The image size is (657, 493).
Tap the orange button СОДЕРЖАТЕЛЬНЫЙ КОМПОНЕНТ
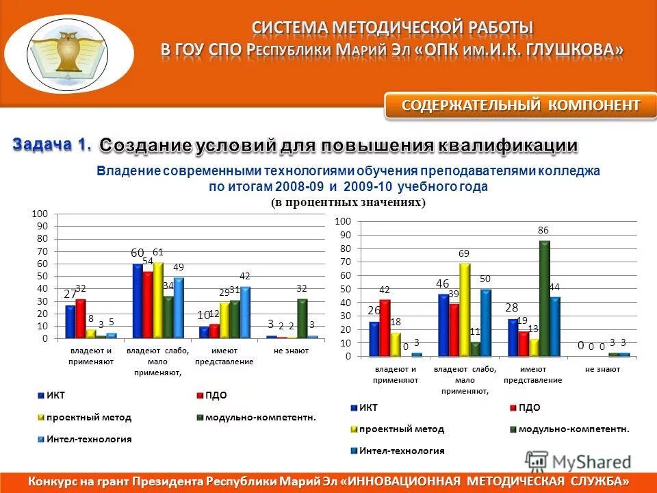(x=521, y=105)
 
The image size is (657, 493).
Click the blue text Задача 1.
(x=51, y=144)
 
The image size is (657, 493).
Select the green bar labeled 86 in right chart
(x=544, y=298)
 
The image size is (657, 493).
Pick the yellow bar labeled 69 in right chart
(x=465, y=309)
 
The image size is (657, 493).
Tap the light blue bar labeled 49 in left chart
(x=179, y=307)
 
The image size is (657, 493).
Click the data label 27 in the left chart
(x=70, y=294)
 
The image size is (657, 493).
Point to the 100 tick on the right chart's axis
(x=343, y=222)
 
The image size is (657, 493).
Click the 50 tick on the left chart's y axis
(x=42, y=276)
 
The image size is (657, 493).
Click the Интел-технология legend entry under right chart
(x=402, y=451)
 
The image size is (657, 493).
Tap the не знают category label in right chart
(x=602, y=370)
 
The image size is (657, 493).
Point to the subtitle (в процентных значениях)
(x=348, y=202)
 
